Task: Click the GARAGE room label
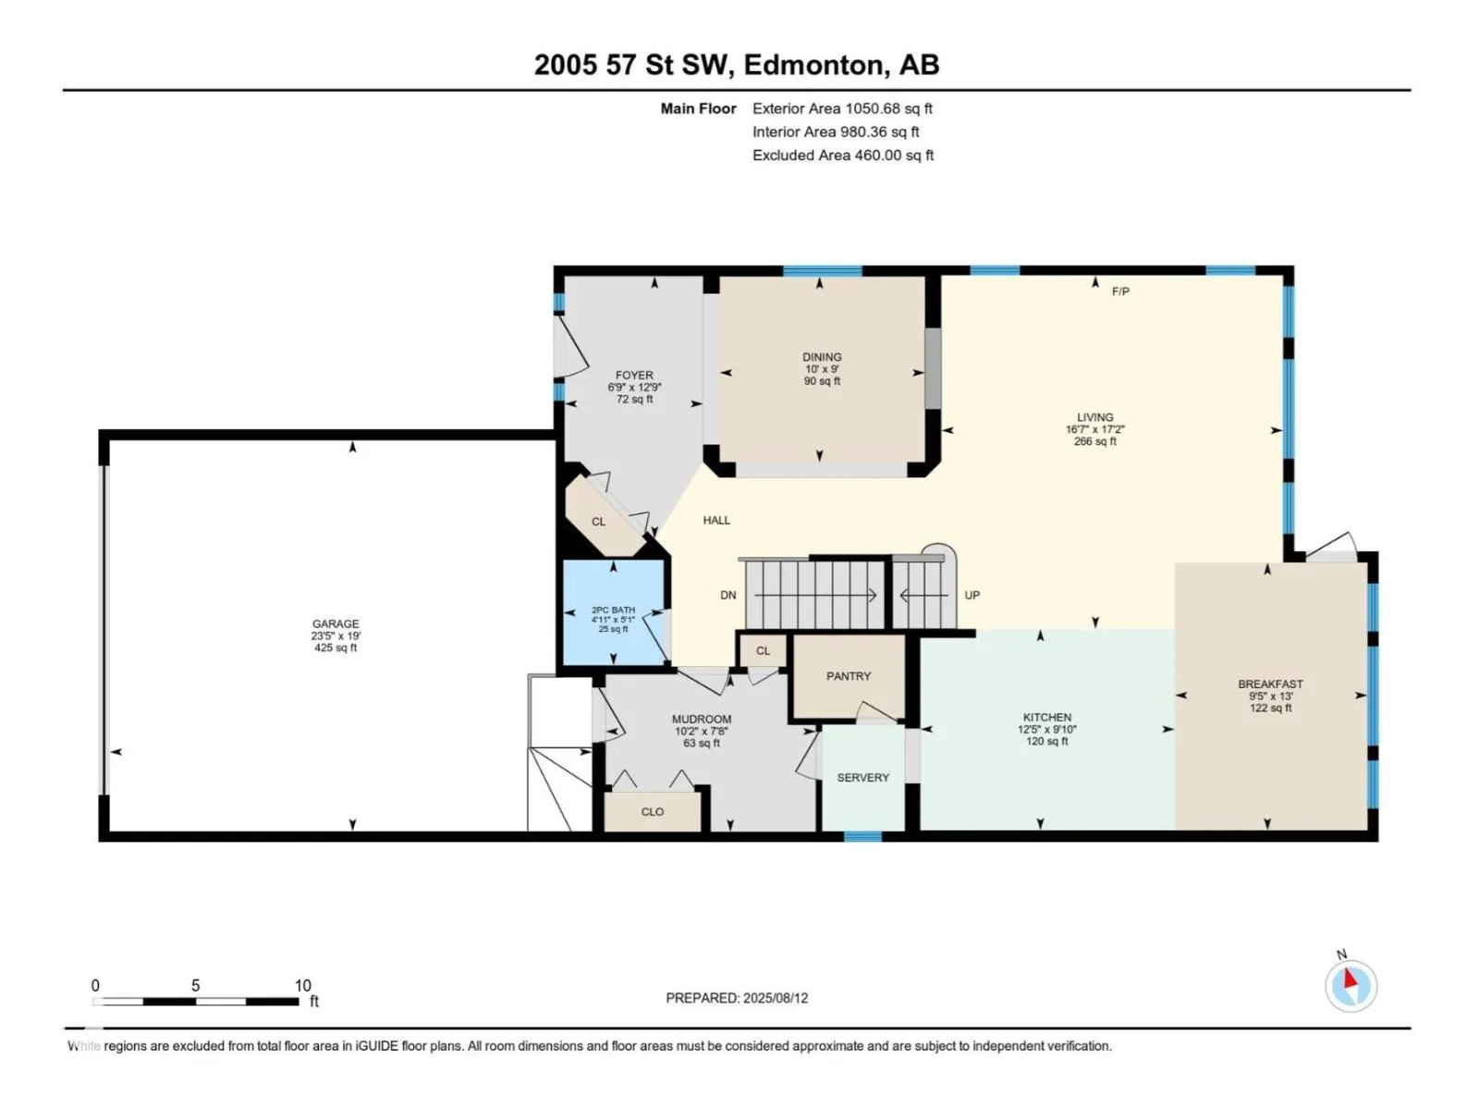pos(336,624)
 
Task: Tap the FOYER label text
pos(634,376)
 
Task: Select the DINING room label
pos(822,357)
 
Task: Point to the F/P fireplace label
pos(1120,291)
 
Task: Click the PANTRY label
pos(849,676)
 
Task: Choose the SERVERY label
pos(863,777)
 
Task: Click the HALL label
pos(717,520)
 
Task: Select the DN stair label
pos(728,595)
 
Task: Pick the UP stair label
pos(972,595)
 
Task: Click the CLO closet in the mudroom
pos(653,811)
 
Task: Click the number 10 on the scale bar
pos(303,985)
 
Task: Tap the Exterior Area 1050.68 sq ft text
pos(842,108)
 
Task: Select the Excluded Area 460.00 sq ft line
pos(843,155)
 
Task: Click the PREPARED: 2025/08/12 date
pos(737,998)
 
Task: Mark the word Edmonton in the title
pos(814,66)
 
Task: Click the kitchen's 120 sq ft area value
pos(1047,741)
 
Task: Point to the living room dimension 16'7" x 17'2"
pos(1095,429)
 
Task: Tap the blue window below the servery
pos(863,836)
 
